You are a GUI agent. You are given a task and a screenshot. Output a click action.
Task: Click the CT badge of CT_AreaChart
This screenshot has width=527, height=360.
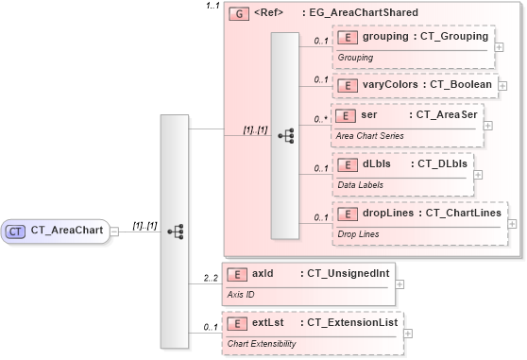(16, 230)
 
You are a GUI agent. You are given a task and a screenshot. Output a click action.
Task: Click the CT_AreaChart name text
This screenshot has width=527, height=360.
(66, 230)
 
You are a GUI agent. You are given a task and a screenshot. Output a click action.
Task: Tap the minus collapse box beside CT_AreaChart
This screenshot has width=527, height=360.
(114, 230)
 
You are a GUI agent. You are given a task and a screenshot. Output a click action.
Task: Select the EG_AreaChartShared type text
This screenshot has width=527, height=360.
(359, 13)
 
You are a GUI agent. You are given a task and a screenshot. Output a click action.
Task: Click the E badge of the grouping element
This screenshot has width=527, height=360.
(348, 37)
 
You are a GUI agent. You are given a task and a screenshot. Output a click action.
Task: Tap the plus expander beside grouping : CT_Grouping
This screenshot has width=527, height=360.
(499, 44)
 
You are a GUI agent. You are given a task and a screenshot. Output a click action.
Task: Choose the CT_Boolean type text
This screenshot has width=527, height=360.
(460, 85)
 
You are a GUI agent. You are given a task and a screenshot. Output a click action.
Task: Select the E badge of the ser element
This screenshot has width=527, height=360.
(348, 115)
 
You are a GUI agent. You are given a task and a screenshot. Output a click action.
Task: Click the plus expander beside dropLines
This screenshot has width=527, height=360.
(513, 224)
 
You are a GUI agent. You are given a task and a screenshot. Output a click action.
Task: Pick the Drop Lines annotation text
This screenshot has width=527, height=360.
(359, 232)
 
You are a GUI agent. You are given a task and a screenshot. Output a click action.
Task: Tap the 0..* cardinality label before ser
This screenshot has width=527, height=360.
(321, 120)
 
